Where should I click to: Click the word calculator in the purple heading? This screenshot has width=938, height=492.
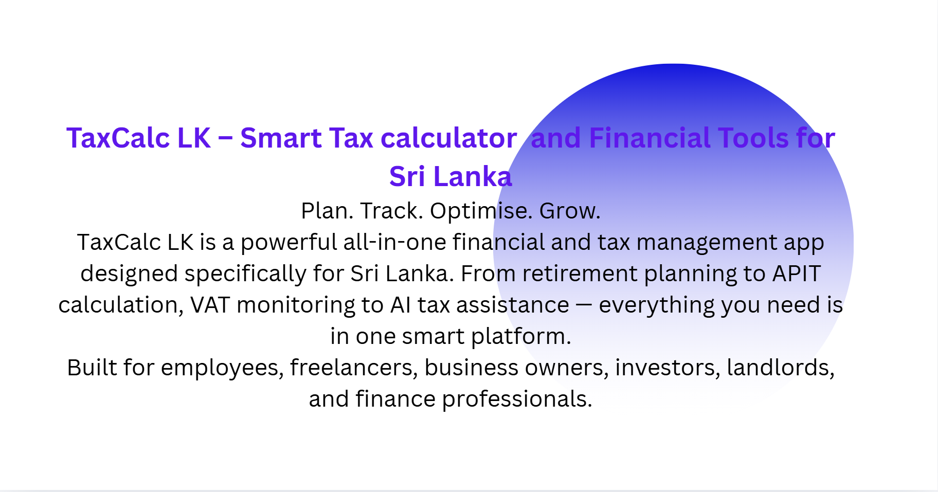448,138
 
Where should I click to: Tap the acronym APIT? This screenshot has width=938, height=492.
797,274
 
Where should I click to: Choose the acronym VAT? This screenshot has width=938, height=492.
210,305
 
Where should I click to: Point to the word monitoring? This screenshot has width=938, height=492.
296,305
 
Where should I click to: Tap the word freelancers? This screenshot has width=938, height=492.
354,368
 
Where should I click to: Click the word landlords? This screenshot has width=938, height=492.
780,368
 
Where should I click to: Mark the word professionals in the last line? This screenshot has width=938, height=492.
517,399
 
